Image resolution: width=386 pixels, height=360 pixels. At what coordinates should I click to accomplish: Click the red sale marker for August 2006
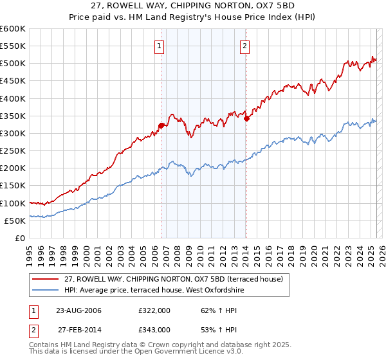[161, 126]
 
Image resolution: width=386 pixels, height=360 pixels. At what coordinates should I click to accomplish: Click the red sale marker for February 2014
[246, 118]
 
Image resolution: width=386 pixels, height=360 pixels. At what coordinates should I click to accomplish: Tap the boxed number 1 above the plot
[158, 46]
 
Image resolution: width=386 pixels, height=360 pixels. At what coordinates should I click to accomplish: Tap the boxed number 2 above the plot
[245, 46]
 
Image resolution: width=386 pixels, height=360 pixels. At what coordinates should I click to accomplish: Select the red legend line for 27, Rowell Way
[46, 279]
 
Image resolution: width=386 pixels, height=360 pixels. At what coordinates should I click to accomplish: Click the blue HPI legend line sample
[46, 290]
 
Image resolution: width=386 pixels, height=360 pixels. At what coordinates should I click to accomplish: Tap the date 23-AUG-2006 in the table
[79, 310]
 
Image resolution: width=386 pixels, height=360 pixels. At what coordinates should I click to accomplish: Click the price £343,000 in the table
[154, 329]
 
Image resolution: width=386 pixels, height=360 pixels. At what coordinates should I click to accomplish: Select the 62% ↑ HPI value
[211, 310]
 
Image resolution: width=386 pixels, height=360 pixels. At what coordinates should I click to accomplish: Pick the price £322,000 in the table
[154, 310]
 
